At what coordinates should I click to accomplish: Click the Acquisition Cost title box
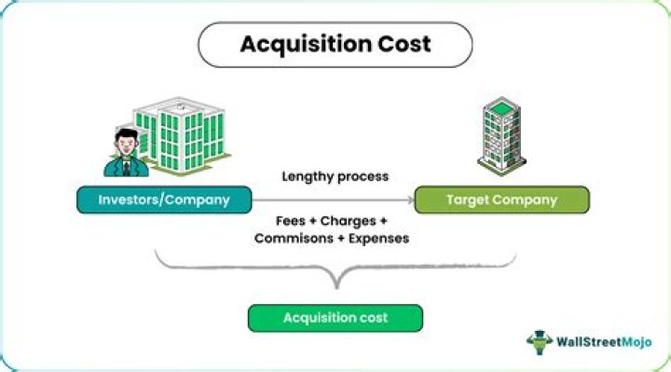[335, 45]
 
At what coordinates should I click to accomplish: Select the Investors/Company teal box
[165, 200]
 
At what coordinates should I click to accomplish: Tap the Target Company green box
[501, 200]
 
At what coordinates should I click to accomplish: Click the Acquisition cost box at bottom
[335, 318]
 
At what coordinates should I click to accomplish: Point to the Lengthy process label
[335, 176]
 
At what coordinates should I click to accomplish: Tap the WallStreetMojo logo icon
[540, 341]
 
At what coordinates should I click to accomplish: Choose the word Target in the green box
[470, 200]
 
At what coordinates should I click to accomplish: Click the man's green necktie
[125, 164]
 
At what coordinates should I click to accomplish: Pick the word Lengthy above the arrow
[308, 176]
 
